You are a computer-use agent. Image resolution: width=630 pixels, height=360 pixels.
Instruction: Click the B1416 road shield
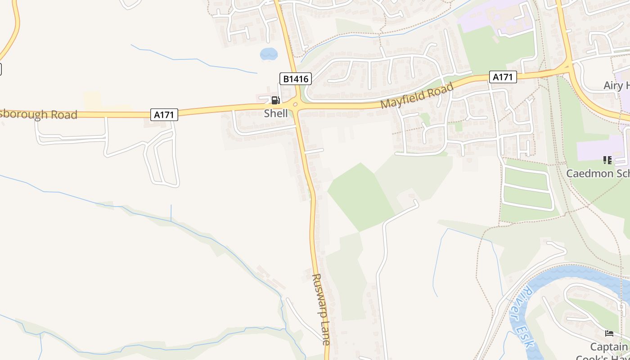[x=296, y=79]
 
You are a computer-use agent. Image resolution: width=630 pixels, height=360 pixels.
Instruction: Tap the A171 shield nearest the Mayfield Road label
[x=503, y=77]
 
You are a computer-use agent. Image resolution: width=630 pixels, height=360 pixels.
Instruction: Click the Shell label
[x=276, y=113]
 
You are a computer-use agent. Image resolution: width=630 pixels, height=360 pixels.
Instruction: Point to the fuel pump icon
[x=275, y=100]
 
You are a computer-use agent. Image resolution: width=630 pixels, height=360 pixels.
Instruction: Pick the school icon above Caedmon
[x=607, y=160]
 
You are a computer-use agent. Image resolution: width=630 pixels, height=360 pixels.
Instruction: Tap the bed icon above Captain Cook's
[x=609, y=333]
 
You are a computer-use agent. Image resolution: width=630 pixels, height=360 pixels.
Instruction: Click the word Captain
[x=609, y=346]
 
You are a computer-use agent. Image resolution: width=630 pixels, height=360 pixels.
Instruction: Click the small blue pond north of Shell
[x=269, y=54]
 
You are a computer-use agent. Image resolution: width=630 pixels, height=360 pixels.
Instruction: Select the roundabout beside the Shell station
[x=296, y=105]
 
